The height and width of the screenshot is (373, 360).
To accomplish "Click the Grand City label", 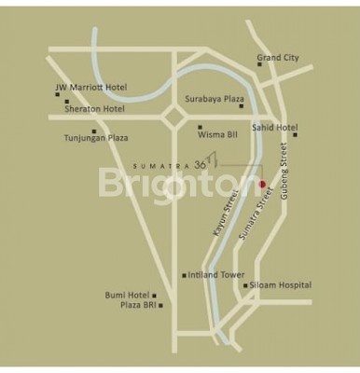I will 278,58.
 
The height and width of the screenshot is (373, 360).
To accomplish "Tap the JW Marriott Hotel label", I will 90,89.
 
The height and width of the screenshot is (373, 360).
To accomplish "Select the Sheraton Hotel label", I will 94,108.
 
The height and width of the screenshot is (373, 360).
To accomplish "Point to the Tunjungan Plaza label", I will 95,138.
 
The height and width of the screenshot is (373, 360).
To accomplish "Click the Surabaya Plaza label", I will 215,98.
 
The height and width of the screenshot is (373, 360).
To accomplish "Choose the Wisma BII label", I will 220,134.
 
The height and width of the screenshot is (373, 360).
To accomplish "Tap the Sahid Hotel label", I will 274,127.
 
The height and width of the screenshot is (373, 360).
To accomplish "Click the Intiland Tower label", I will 216,275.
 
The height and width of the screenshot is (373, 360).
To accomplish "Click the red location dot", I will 262,184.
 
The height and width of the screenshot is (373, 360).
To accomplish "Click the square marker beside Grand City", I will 259,64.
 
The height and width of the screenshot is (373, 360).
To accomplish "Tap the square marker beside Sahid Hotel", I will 296,134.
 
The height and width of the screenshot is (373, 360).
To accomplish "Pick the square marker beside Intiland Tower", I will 184,275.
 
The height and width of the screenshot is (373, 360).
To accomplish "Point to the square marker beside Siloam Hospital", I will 245,285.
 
